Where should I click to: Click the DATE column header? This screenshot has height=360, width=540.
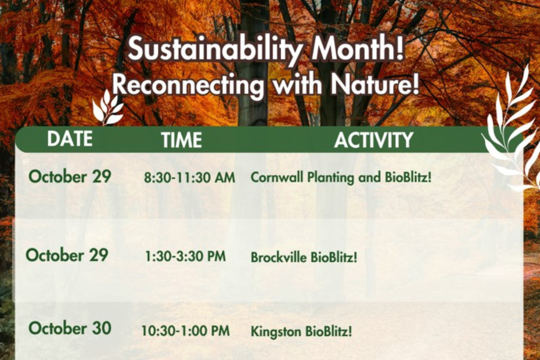point(70,139)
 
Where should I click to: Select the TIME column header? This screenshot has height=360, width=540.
point(182,140)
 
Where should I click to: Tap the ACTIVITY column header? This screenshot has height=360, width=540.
point(373,140)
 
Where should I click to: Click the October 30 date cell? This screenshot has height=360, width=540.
point(70,328)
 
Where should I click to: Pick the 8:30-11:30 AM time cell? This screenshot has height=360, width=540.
point(189,178)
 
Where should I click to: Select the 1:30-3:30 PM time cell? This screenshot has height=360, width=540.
point(185,256)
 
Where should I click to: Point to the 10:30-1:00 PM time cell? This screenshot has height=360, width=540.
point(185,332)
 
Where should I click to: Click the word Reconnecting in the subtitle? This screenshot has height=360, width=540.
point(187,85)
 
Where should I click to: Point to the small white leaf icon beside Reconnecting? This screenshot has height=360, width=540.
point(107,108)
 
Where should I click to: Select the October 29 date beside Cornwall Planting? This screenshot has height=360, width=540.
point(70,176)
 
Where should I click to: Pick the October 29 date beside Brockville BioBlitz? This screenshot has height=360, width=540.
point(67,255)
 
